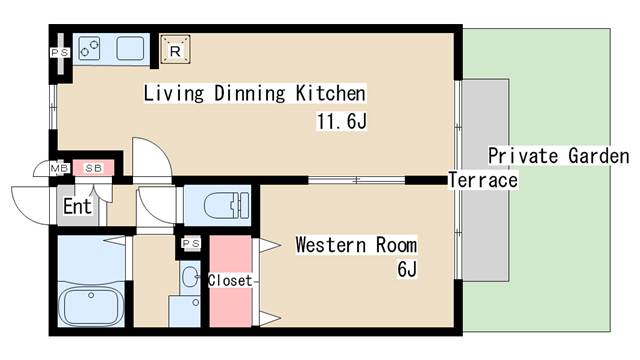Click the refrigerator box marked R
pyautogui.click(x=175, y=49)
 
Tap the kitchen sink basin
pyautogui.click(x=130, y=49)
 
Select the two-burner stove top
pyautogui.click(x=89, y=49)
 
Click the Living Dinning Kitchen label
pyautogui.click(x=255, y=93)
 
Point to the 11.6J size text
pyautogui.click(x=342, y=121)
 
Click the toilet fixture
pyautogui.click(x=226, y=204)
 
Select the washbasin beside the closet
pyautogui.click(x=190, y=277)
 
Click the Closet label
pyautogui.click(x=230, y=280)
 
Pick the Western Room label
pyautogui.click(x=356, y=245)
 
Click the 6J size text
pyautogui.click(x=407, y=269)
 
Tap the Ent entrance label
pyautogui.click(x=77, y=206)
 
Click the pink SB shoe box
pyautogui.click(x=93, y=168)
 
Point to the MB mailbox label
pyautogui.click(x=60, y=168)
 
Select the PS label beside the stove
pyautogui.click(x=60, y=53)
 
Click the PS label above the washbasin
pyautogui.click(x=191, y=244)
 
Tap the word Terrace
pyautogui.click(x=483, y=180)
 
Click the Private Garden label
pyautogui.click(x=559, y=156)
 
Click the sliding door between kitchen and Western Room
pyautogui.click(x=356, y=180)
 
